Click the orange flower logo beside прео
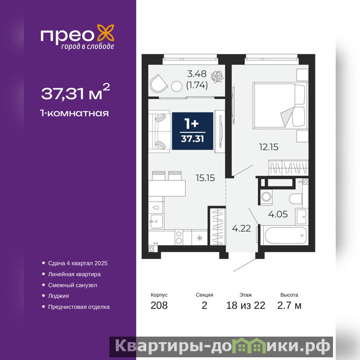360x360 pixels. tap(106, 33)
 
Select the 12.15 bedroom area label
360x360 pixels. tap(269, 147)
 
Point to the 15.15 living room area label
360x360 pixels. tap(205, 178)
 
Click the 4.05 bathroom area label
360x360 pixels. tap(278, 214)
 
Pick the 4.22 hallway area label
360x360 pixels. tap(241, 229)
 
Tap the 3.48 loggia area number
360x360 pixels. tap(197, 74)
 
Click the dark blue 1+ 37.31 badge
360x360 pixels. tap(193, 131)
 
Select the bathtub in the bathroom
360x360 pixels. tap(286, 235)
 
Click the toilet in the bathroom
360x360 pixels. tap(296, 199)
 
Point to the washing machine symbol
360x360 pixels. tap(266, 197)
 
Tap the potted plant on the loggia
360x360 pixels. tap(217, 76)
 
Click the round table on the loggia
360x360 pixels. tap(177, 86)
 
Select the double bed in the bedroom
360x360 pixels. tap(280, 106)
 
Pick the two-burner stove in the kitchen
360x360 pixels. tap(179, 237)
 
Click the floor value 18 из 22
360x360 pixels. tap(246, 306)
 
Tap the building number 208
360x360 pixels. tap(159, 306)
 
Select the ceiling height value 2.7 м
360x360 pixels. tap(289, 306)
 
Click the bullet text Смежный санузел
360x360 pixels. tap(72, 285)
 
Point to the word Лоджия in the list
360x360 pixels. tap(58, 296)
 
